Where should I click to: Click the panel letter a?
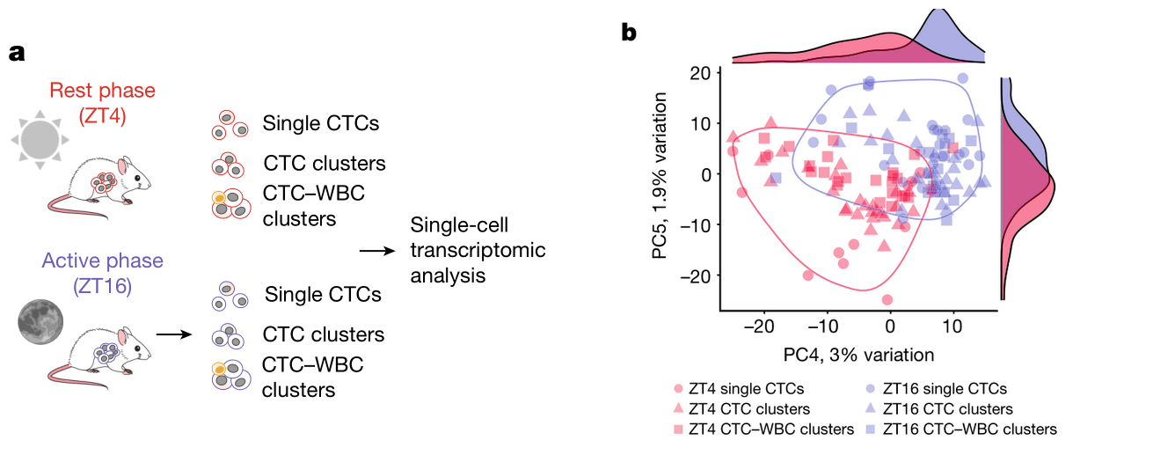tap(17, 53)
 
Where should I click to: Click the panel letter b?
tap(630, 33)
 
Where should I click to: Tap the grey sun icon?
tap(40, 140)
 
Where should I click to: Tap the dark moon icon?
tap(40, 319)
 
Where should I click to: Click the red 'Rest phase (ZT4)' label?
tap(102, 102)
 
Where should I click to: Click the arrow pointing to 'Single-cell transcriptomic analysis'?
tap(376, 251)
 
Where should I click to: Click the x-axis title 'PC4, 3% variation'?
tap(858, 355)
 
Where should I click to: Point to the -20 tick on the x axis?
tap(763, 327)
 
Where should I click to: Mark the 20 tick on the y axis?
tap(700, 73)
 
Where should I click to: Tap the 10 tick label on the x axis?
tap(952, 327)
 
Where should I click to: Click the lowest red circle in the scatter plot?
tap(887, 300)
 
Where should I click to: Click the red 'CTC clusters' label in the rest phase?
tap(324, 164)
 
